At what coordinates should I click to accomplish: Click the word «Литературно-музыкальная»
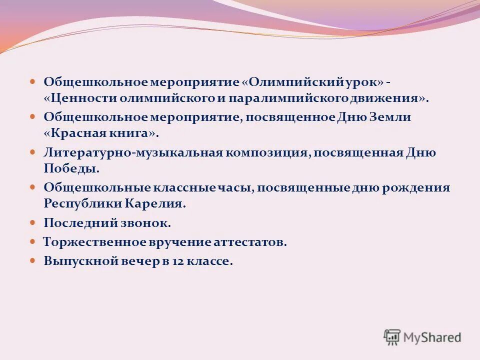click(x=132, y=152)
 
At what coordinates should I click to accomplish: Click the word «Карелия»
click(x=159, y=204)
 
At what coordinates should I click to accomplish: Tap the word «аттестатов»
click(x=249, y=242)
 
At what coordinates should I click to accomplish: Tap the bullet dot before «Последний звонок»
click(x=33, y=222)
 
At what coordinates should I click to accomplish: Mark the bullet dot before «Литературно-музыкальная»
click(x=33, y=152)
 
